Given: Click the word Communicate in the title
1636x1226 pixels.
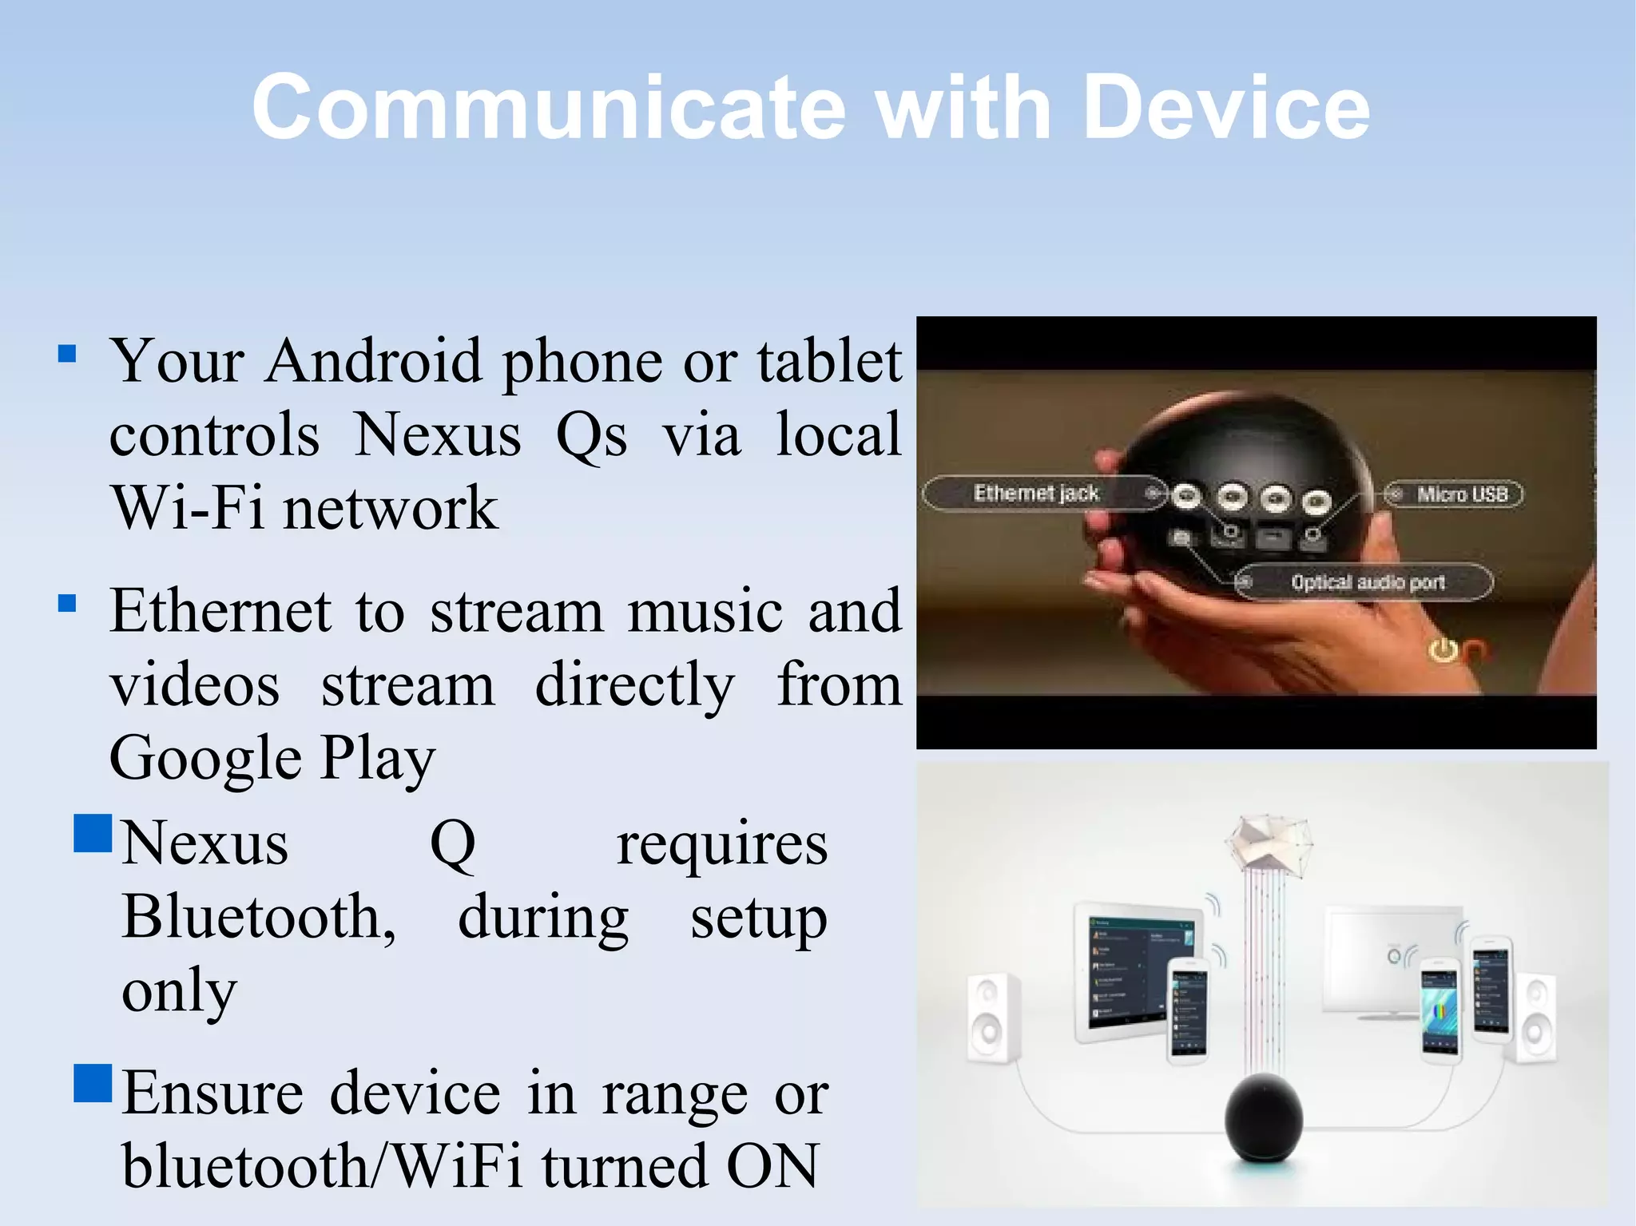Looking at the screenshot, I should click(x=548, y=109).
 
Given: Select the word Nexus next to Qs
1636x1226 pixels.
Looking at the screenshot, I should click(x=438, y=435).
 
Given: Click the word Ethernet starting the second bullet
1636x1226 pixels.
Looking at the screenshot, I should click(x=220, y=612).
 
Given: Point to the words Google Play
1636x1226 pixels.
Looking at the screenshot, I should click(x=272, y=758).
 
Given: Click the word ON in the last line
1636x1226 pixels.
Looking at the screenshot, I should click(x=772, y=1167).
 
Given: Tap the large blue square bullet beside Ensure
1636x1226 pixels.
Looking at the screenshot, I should click(x=93, y=1084).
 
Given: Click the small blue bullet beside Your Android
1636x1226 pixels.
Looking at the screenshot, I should click(x=68, y=354).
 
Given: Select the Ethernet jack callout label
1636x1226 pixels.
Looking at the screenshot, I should click(x=1036, y=494).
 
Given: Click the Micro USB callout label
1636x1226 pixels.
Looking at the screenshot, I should click(x=1462, y=494).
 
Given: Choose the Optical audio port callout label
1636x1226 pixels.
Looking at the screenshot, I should click(x=1368, y=582).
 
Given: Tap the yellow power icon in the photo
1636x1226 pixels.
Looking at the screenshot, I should click(x=1443, y=651).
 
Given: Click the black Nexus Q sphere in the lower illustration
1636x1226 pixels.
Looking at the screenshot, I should click(x=1264, y=1117).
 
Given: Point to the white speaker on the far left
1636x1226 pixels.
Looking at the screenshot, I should click(x=993, y=1018).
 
